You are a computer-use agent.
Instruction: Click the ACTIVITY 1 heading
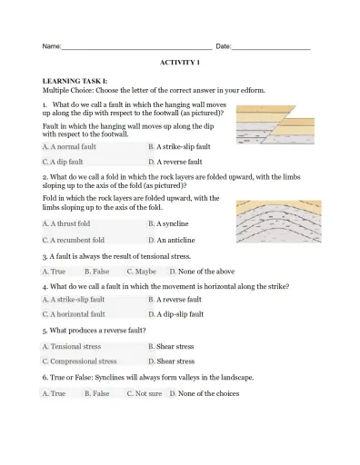[x=179, y=63]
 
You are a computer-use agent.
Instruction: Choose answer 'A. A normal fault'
[x=69, y=146]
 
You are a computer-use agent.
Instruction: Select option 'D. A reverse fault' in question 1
[x=175, y=162]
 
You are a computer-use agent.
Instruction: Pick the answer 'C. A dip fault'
[x=63, y=162]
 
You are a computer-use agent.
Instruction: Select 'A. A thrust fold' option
[x=66, y=223]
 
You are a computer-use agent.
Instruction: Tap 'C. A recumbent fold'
[x=74, y=241]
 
